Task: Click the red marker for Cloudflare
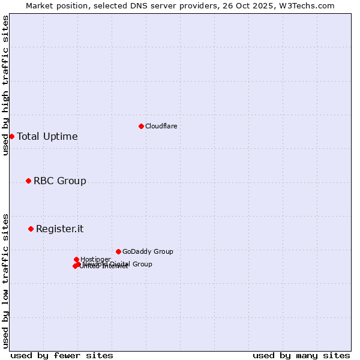[141, 126]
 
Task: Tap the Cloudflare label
[161, 126]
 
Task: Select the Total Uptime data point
[11, 136]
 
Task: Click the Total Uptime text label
[47, 136]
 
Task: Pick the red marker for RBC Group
[28, 181]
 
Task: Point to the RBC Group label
[60, 181]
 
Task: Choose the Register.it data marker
[31, 229]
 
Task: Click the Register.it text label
[60, 229]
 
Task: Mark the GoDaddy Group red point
[118, 251]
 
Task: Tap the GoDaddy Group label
[148, 251]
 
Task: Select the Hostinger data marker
[76, 259]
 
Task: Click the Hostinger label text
[95, 259]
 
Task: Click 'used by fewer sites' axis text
[62, 355]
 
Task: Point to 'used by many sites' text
[301, 355]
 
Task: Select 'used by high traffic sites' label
[5, 85]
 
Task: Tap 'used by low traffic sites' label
[5, 281]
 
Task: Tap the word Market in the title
[40, 5]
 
